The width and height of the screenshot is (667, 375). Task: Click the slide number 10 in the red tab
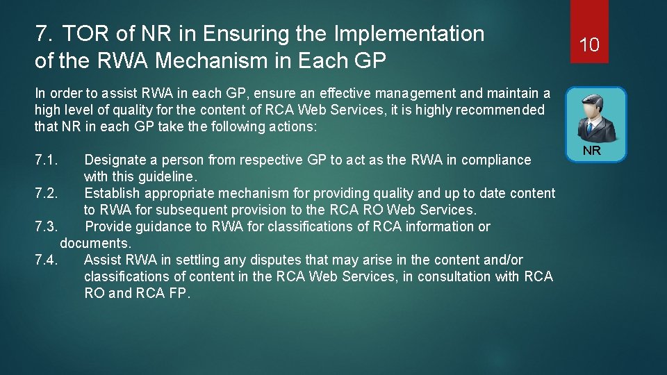(x=589, y=45)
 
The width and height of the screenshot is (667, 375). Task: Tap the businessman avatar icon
(x=595, y=117)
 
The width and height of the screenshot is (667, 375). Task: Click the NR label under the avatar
(x=591, y=151)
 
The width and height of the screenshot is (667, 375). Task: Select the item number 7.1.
(x=46, y=160)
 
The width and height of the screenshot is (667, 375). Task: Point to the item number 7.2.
(x=47, y=194)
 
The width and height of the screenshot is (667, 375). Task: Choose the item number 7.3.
(x=47, y=227)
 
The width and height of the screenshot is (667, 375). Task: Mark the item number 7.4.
(x=47, y=260)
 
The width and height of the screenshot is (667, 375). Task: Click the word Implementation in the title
(x=409, y=33)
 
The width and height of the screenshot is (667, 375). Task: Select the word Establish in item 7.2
(x=112, y=194)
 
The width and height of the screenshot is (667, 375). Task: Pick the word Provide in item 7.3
(x=108, y=227)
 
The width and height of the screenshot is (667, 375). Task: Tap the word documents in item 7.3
(x=95, y=244)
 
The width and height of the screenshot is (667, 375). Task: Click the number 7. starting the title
(x=43, y=33)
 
